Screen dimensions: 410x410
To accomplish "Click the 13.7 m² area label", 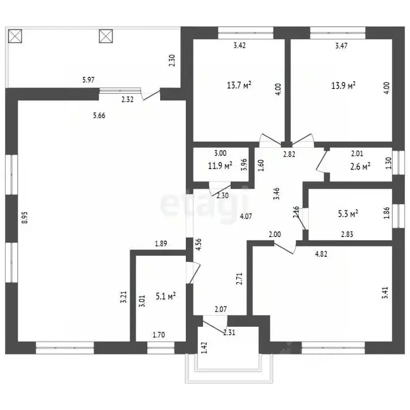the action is pos(239,85).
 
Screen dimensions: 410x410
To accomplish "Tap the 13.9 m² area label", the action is pos(343,85).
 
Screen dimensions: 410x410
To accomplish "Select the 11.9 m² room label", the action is pos(220,165).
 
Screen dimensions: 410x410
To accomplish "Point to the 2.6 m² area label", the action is pos(360,167).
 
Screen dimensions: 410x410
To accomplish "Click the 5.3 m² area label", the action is pos(348,214).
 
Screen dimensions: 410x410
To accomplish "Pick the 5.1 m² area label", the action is pos(165,296).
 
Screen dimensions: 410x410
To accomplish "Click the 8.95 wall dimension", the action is pos(25,217).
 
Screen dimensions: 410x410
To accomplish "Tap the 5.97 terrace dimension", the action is pos(89,80).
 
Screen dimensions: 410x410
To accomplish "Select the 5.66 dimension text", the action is pos(99,115).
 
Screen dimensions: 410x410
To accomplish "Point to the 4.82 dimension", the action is pos(321,254).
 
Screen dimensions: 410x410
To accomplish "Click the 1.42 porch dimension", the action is pos(204,348).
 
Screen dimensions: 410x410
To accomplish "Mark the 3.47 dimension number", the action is pos(341,46).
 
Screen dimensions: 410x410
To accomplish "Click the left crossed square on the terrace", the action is pos(15,36).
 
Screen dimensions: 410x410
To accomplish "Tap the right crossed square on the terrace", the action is pos(106,36).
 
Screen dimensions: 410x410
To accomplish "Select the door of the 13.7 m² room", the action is pos(270,140).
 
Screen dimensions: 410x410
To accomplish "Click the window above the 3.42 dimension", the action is pos(246,33).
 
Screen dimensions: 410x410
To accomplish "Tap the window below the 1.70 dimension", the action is pos(161,348).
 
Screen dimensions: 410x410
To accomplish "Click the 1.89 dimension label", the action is pos(161,243).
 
